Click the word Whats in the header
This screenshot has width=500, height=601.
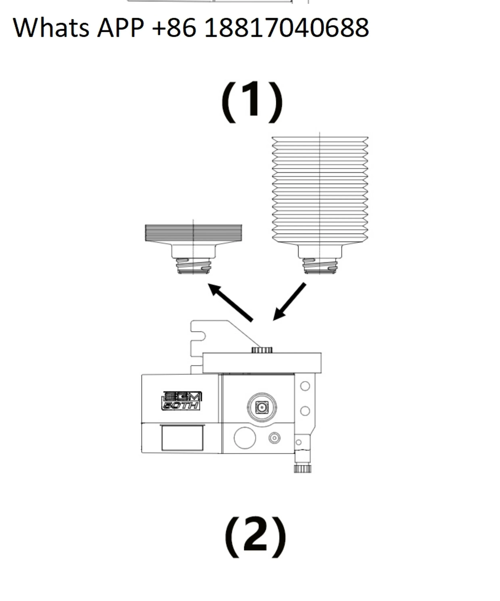click(51, 28)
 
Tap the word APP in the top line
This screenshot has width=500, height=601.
click(120, 28)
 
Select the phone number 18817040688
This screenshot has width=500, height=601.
click(286, 28)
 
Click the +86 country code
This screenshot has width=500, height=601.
click(174, 28)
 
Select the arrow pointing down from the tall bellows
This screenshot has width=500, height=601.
click(289, 302)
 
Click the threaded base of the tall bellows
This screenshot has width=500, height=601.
click(320, 266)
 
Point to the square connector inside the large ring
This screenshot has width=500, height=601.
click(262, 407)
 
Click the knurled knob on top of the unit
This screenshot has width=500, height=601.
click(262, 350)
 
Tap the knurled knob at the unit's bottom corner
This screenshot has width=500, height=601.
click(303, 468)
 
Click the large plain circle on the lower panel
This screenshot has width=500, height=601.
click(245, 438)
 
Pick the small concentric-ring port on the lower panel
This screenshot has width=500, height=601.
click(275, 438)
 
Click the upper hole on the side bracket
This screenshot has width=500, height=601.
click(305, 386)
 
